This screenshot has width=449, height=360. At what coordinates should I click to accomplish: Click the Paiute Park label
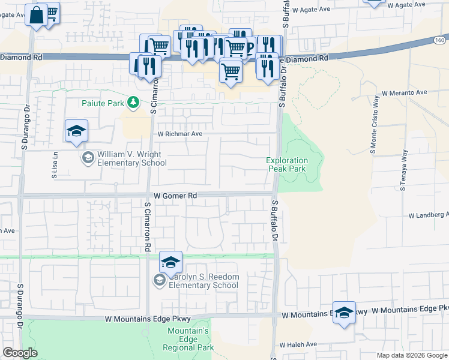point(103,103)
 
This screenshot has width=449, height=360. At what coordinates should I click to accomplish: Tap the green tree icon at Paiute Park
point(134,103)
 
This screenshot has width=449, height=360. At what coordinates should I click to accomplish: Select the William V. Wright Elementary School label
point(131,158)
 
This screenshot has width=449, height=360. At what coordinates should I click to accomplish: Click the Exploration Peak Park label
point(288,164)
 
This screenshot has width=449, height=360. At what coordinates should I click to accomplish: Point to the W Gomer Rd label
point(175,196)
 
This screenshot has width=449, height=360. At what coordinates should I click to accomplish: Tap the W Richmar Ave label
point(179,134)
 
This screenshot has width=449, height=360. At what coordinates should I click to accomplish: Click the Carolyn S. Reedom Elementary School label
point(203,281)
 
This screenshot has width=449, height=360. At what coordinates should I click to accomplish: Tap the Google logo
point(20,353)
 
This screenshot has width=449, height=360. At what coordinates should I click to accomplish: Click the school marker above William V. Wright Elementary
point(77,131)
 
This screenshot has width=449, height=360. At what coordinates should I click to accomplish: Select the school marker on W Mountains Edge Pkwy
point(344,313)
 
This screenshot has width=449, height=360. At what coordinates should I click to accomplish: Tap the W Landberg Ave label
point(428,215)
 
